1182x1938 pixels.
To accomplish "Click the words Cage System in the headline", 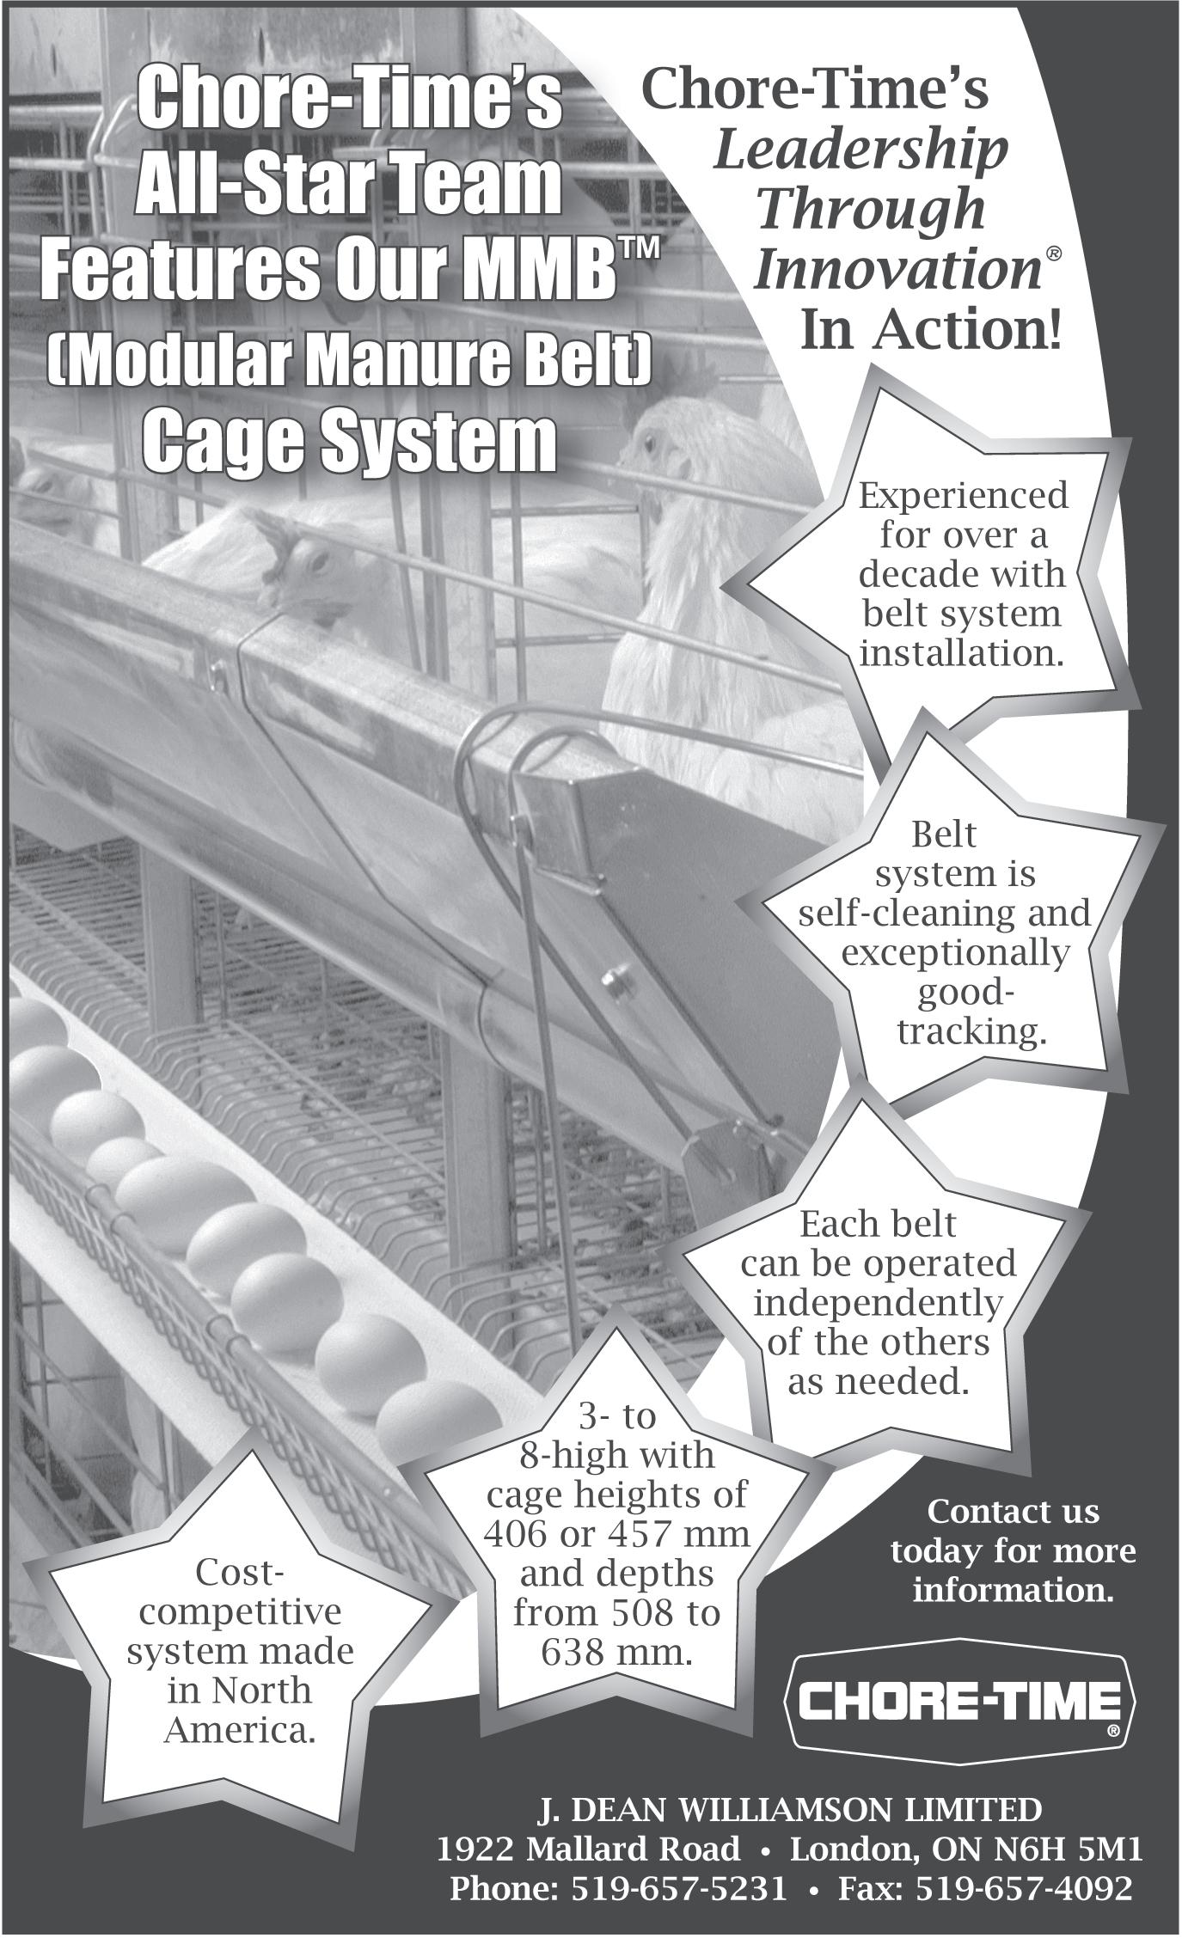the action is coord(349,441).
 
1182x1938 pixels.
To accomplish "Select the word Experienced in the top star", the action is coord(963,496).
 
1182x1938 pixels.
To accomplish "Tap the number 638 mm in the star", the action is coord(616,1652).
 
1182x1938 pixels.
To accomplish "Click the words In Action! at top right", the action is coord(932,330).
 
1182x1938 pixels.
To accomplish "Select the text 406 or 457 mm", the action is coord(616,1533).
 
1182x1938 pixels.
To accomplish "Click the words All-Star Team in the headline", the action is coord(349,182).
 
